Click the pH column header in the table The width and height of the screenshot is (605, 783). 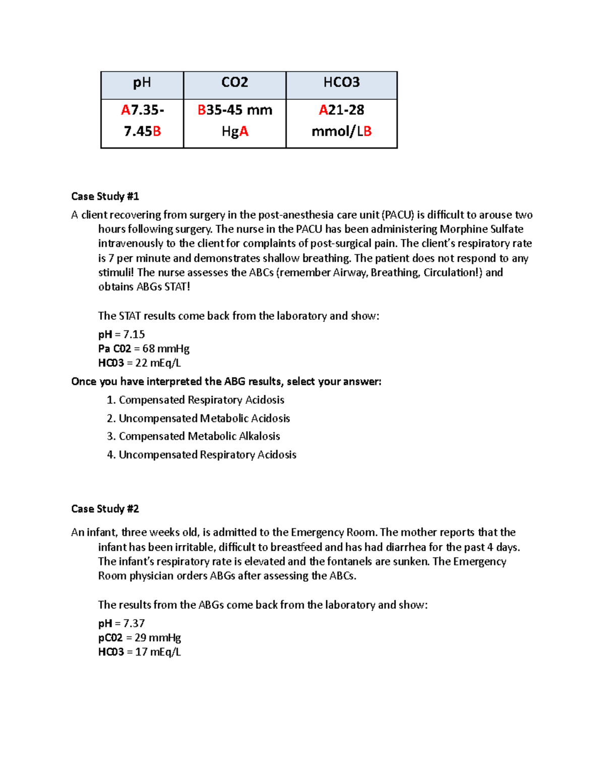click(x=142, y=83)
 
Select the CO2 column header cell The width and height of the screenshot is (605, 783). click(x=234, y=83)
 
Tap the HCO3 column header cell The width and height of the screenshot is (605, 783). click(x=341, y=83)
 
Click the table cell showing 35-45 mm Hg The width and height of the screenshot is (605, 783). click(x=234, y=121)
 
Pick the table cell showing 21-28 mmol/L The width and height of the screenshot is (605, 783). click(x=341, y=121)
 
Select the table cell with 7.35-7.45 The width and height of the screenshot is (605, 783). click(x=142, y=121)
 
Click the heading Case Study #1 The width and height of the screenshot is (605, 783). click(x=105, y=196)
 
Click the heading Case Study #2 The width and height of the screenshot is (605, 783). click(x=105, y=509)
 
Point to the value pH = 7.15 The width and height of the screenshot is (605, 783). click(x=122, y=334)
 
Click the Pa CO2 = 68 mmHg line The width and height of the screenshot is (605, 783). click(x=144, y=349)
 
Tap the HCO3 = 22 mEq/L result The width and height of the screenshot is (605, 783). click(x=139, y=363)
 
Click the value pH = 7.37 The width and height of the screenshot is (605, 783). click(x=122, y=623)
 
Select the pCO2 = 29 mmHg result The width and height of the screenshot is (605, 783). click(x=140, y=638)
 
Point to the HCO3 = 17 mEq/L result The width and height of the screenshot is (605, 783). click(x=139, y=652)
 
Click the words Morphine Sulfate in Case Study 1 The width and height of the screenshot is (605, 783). click(x=481, y=229)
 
